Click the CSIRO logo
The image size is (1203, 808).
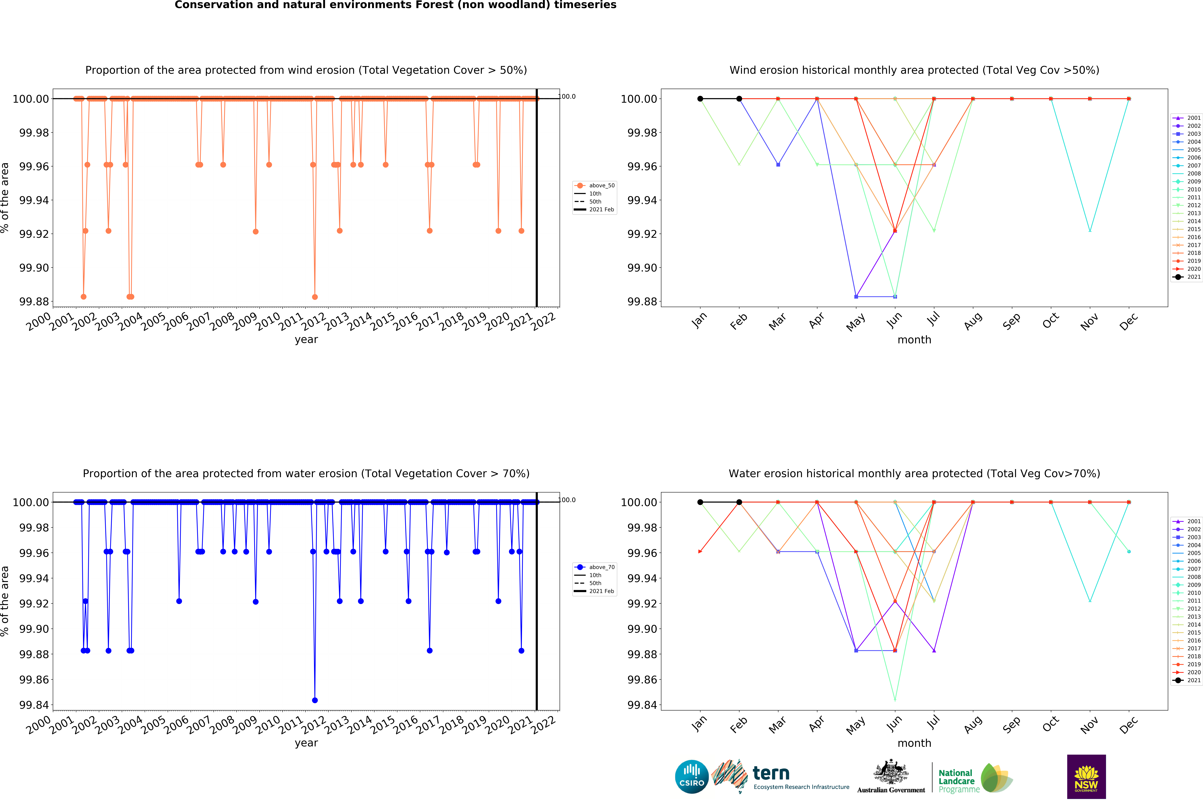691,777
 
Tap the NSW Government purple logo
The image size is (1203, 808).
1086,777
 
